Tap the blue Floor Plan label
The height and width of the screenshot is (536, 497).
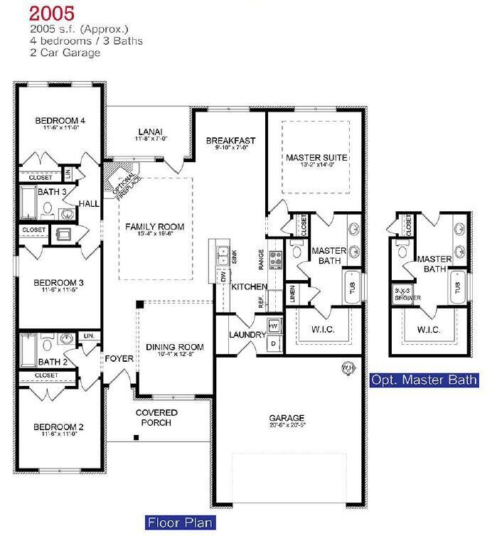point(180,523)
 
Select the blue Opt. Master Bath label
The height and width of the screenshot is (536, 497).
point(424,380)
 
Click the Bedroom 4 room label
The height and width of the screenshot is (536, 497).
point(60,121)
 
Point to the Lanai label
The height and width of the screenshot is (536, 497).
point(150,132)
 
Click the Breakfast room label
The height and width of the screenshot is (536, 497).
point(230,141)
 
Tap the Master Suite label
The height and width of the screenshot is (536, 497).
point(316,157)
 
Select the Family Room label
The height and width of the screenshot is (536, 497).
point(154,227)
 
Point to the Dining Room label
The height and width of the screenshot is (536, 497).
point(174,348)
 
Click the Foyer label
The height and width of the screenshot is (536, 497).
point(119,359)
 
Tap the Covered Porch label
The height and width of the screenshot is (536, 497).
point(156,417)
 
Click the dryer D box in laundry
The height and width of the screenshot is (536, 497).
point(275,344)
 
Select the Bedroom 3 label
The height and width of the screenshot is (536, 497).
point(60,283)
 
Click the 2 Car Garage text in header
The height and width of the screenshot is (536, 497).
point(65,53)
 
